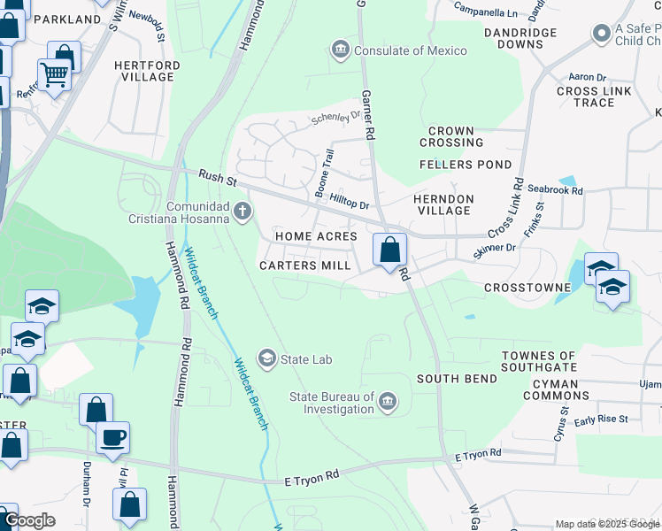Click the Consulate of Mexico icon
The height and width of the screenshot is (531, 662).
(340, 50)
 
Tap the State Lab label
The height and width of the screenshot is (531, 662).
(306, 358)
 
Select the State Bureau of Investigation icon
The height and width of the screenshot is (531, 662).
(387, 404)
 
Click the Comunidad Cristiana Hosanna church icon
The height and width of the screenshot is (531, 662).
(242, 211)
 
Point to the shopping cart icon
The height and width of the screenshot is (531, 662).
(54, 74)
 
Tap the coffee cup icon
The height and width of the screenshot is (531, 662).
(112, 437)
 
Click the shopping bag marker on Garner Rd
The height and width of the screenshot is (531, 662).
(389, 250)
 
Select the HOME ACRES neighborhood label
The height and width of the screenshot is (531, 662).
(315, 237)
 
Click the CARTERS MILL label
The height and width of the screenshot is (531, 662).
(300, 265)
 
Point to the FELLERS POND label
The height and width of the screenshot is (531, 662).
(466, 165)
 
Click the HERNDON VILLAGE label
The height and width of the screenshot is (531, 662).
(443, 205)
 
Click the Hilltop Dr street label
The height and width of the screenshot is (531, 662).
(348, 203)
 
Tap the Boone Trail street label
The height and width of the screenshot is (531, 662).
(324, 173)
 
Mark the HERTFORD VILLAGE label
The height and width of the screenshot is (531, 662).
(148, 72)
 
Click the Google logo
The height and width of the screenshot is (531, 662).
(30, 520)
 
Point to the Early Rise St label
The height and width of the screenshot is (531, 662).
(601, 419)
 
